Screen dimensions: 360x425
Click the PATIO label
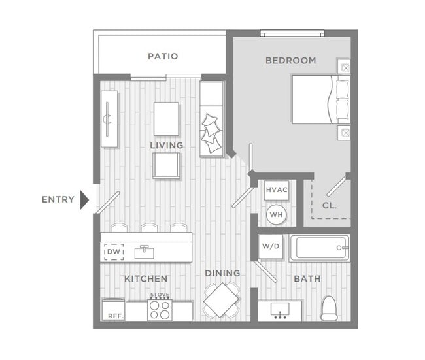pos(163,56)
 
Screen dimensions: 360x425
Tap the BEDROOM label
pos(290,61)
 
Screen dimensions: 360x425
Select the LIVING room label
pos(166,145)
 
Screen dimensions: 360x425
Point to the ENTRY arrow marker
pos(84,199)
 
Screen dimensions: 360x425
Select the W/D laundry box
pos(270,247)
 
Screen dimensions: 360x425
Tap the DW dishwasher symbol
pos(114,252)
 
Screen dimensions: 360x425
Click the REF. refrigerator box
pos(113,310)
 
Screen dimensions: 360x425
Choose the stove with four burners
pos(160,310)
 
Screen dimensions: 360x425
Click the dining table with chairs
pos(222,300)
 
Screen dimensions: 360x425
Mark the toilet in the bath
pos(329,308)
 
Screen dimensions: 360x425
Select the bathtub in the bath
pos(320,248)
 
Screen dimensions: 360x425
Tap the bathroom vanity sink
pos(280,312)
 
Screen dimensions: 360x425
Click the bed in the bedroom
pos(320,99)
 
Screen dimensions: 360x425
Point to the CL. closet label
pos(330,206)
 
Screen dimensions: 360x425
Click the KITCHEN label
pos(146,279)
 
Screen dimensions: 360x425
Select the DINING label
pos(222,273)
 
